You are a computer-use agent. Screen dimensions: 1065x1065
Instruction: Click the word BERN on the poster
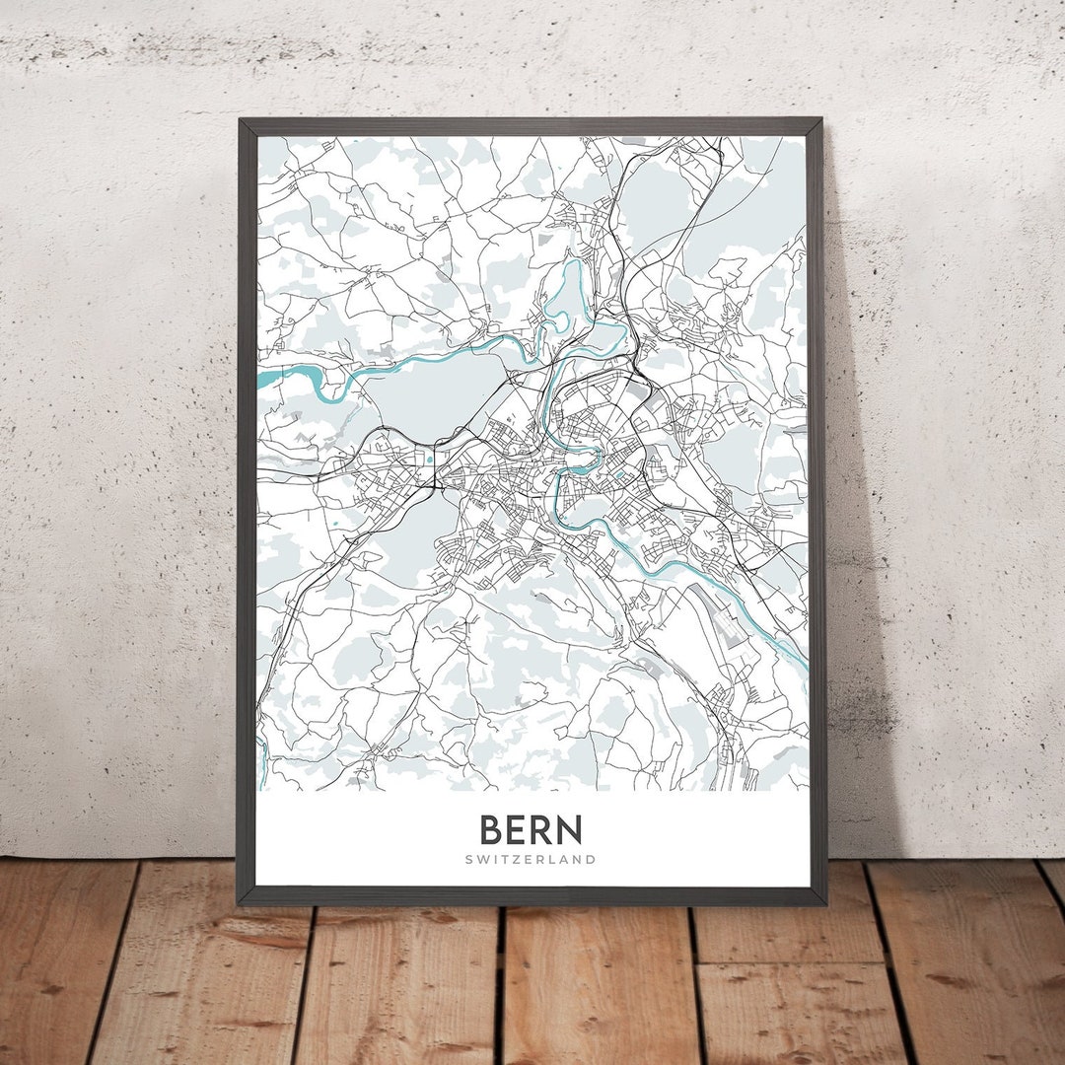(532, 829)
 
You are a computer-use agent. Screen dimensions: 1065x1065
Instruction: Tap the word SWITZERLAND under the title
(532, 859)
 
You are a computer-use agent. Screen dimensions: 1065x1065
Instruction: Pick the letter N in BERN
(570, 829)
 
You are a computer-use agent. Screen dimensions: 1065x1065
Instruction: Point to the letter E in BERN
(518, 829)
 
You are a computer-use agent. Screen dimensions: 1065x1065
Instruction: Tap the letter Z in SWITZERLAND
(522, 859)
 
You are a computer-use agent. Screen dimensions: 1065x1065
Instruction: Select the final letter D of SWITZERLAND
(592, 859)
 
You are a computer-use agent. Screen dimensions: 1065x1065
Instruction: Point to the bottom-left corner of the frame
(240, 901)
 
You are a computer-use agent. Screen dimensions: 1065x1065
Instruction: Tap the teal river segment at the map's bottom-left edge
(264, 759)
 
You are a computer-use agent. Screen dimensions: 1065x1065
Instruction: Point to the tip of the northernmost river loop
(572, 264)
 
